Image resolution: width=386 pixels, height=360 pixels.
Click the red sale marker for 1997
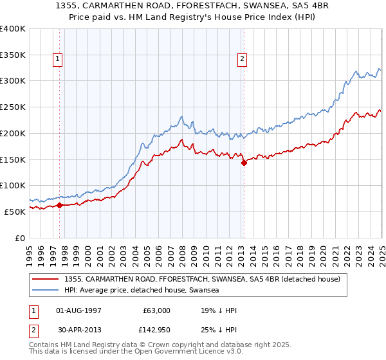pyautogui.click(x=59, y=205)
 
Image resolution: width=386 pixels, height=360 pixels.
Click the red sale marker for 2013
pyautogui.click(x=244, y=163)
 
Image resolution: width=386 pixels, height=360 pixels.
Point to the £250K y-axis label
pyautogui.click(x=13, y=107)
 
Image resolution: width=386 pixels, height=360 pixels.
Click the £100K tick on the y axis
pyautogui.click(x=13, y=185)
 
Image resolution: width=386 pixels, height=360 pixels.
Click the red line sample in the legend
pyautogui.click(x=45, y=279)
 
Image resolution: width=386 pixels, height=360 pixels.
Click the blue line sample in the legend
pyautogui.click(x=45, y=291)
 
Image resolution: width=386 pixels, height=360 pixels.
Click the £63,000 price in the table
pyautogui.click(x=156, y=310)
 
